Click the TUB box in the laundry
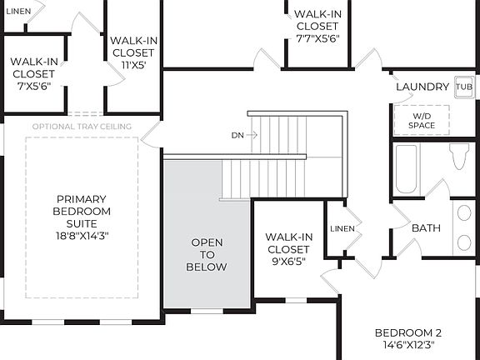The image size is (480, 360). pos(463,87)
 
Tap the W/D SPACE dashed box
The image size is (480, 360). pos(422,120)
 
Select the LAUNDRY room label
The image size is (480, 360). pos(422,87)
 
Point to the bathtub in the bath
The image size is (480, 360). pos(406,169)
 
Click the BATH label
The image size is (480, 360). pos(426,227)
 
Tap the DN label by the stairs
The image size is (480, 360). pos(238,134)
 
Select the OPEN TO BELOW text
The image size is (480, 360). pos(207,254)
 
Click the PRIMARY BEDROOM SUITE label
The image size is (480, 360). pos(82,211)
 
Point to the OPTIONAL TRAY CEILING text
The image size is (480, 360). pos(82,127)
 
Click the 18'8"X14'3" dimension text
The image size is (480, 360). pos(82,236)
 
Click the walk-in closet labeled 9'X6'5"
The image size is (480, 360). pos(287,248)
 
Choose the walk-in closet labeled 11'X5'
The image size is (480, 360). pos(134,52)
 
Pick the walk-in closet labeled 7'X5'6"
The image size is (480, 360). pos(33,72)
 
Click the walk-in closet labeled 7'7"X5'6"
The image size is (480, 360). pos(316,25)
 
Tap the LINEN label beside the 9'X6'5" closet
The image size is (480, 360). pos(342,228)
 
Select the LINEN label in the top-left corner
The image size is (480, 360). pos(18,12)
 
